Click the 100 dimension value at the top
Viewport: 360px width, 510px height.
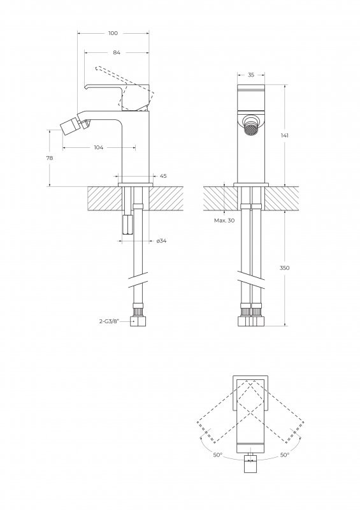tap(113, 33)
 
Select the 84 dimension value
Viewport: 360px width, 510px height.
tap(117, 52)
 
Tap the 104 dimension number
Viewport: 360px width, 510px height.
tap(99, 147)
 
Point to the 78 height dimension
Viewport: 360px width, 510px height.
tap(50, 158)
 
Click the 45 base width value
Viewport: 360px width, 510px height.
tap(163, 176)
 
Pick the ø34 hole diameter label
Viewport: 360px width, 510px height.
tap(161, 241)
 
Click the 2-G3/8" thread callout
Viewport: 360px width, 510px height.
tap(109, 321)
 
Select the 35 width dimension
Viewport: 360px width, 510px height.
tap(251, 75)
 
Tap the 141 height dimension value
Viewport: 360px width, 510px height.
tap(285, 135)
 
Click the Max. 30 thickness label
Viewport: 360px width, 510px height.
tap(224, 220)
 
